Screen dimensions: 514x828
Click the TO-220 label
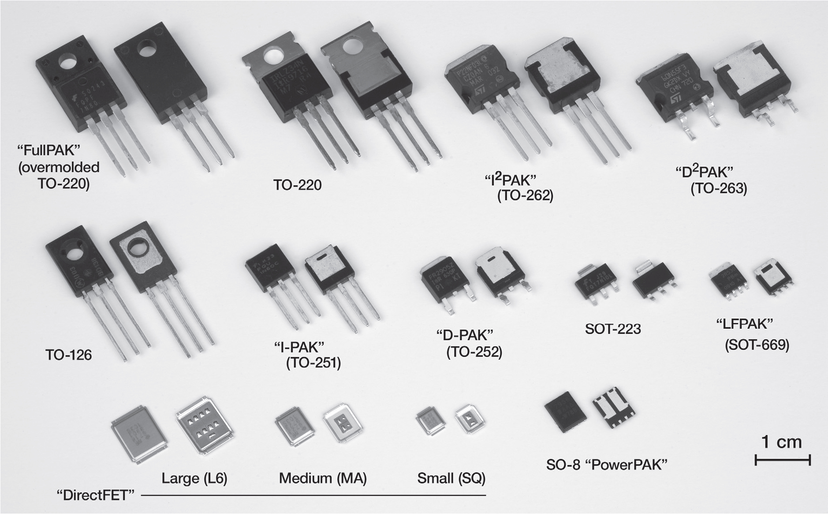coord(297,184)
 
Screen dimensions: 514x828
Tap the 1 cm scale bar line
coord(782,461)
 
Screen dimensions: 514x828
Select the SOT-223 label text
coord(613,329)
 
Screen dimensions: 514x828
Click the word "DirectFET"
coord(96,495)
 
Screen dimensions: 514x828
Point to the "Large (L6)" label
coord(194,478)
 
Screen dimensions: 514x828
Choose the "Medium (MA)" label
coord(323,478)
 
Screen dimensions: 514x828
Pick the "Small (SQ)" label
coord(451,478)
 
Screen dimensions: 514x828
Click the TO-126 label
coord(69,355)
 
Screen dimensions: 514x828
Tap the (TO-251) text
coord(313,363)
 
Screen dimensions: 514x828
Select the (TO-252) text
coord(474,352)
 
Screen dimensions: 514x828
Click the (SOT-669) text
coord(757,345)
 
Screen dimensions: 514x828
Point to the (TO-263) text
coord(719,188)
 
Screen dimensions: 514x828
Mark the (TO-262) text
coord(525,195)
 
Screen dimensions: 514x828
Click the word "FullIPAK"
coord(48,150)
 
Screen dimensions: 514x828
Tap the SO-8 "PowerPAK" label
coord(607,465)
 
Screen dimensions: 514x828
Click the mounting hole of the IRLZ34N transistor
coord(275,57)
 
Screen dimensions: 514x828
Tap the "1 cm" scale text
coord(782,442)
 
